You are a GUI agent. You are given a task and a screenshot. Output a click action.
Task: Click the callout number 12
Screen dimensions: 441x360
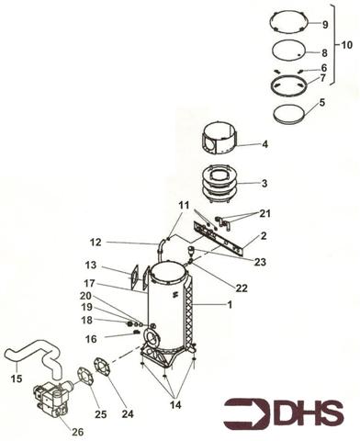click(121, 243)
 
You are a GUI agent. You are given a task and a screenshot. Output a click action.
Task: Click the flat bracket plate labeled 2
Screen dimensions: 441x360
click(220, 237)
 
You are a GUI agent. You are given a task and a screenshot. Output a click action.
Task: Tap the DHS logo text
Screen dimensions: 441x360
click(308, 414)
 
